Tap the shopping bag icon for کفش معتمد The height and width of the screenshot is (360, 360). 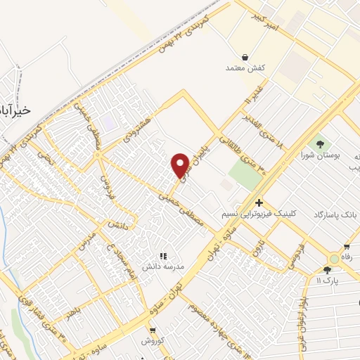(x=244, y=56)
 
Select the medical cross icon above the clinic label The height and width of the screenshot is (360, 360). (x=259, y=202)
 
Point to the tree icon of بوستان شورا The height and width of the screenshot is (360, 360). (x=321, y=143)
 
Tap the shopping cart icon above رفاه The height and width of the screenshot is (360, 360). (x=347, y=247)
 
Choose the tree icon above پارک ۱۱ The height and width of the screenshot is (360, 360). (x=327, y=270)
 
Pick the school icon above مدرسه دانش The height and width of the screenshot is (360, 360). (x=163, y=257)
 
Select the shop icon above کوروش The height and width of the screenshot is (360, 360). (x=152, y=329)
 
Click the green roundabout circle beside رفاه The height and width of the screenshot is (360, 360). (x=334, y=258)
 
